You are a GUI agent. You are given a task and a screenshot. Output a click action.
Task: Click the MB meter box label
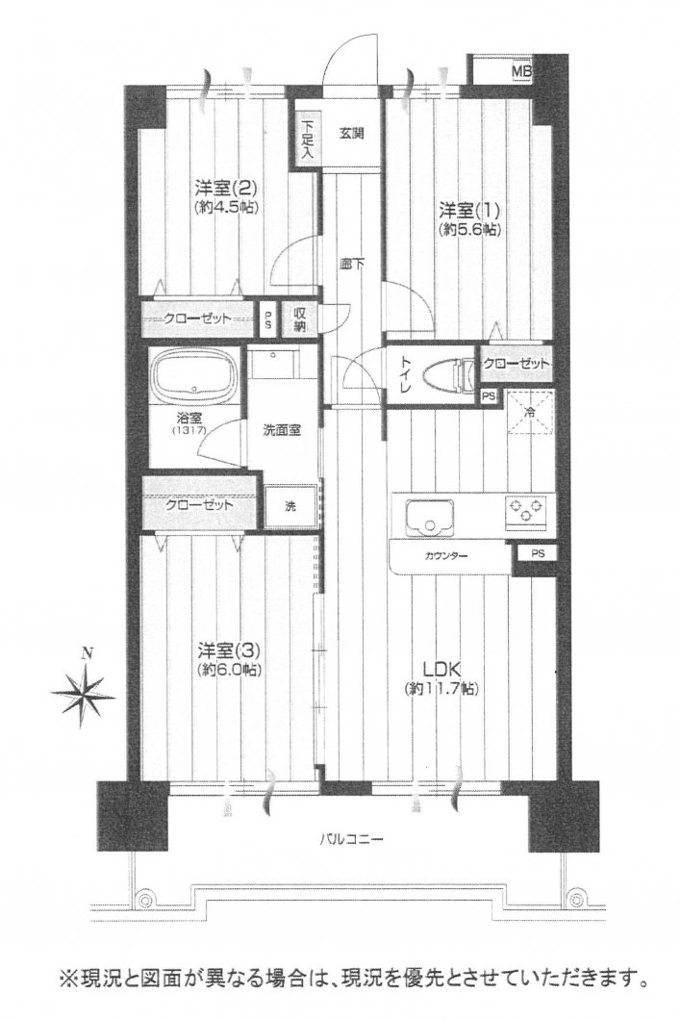pyautogui.click(x=519, y=72)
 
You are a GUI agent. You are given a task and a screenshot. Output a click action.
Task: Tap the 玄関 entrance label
pyautogui.click(x=350, y=133)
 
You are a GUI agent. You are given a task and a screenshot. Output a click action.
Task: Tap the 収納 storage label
pyautogui.click(x=300, y=318)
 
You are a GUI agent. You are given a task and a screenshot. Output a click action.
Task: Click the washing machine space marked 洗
pyautogui.click(x=290, y=506)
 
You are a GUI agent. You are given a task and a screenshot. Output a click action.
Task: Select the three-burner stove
pyautogui.click(x=524, y=512)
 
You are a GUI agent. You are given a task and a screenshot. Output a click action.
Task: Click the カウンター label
pyautogui.click(x=442, y=557)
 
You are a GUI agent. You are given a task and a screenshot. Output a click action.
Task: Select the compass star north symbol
pyautogui.click(x=84, y=690)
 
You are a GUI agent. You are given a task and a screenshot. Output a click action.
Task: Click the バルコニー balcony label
pyautogui.click(x=352, y=838)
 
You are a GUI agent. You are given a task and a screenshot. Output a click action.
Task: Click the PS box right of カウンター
pyautogui.click(x=536, y=554)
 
